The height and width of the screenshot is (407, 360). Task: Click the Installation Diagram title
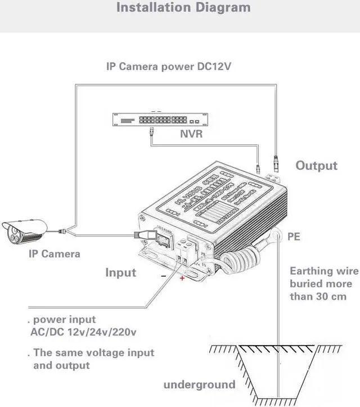183,8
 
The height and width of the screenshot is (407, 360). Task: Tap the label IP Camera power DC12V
169,66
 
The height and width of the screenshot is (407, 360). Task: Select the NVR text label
191,135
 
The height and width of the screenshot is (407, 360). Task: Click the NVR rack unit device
160,120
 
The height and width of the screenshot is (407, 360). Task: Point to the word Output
317,165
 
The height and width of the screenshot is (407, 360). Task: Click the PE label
294,237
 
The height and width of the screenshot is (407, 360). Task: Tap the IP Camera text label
54,254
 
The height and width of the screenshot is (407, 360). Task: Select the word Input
121,273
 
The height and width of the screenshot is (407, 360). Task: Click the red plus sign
182,278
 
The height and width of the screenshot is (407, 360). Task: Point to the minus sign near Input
163,275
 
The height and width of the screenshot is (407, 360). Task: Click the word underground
199,385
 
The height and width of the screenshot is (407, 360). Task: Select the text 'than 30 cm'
318,296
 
